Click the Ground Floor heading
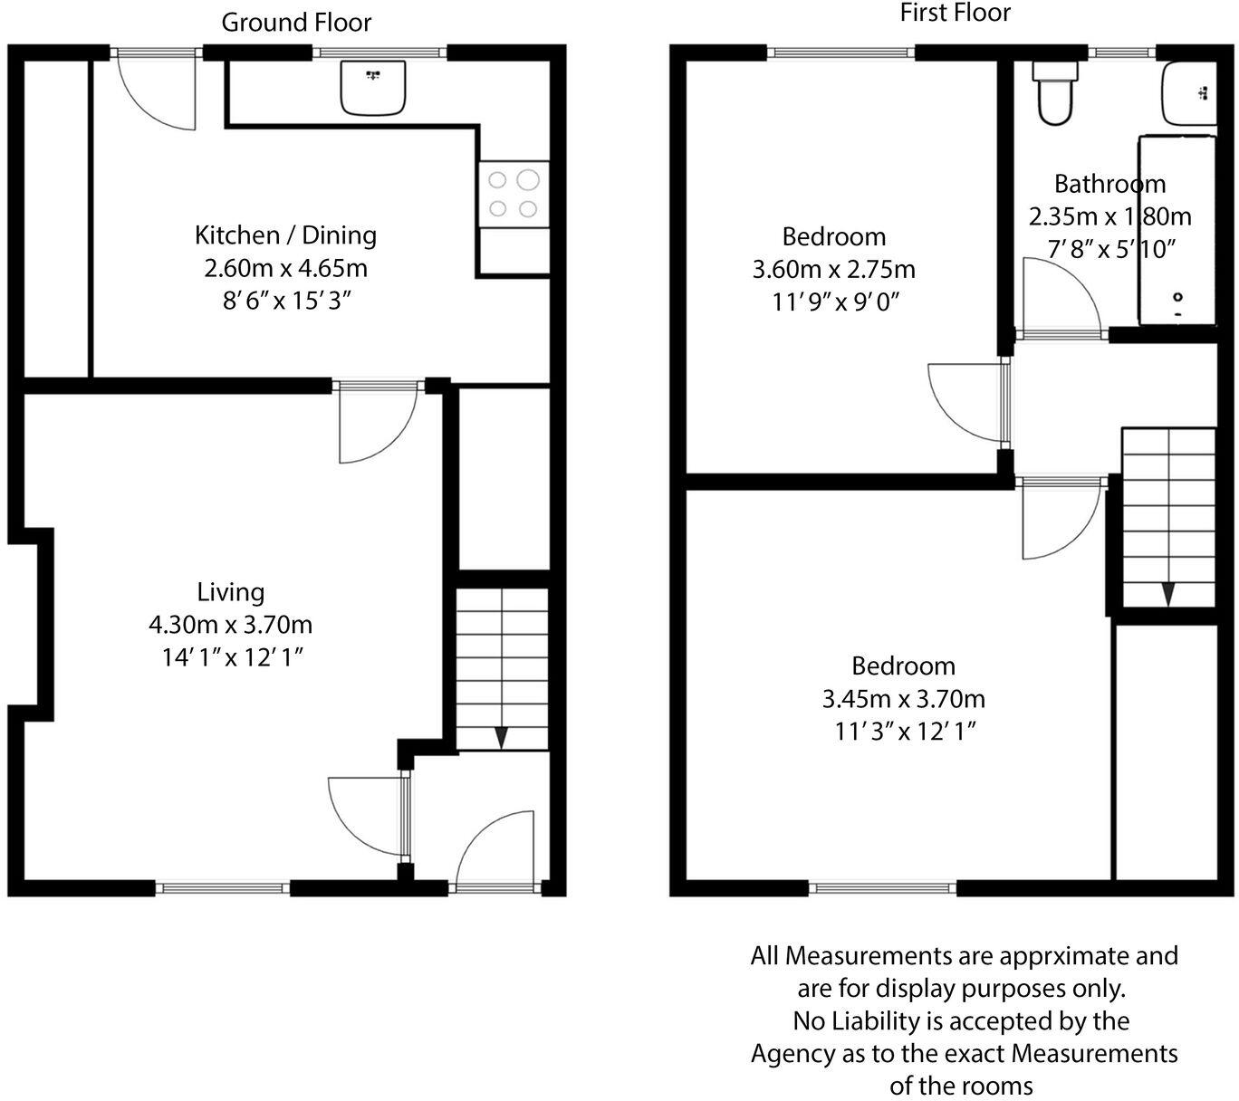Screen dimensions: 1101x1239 (296, 23)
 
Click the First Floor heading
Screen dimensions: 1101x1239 (955, 13)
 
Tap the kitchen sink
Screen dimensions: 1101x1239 (373, 88)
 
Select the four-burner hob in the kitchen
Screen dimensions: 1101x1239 (514, 194)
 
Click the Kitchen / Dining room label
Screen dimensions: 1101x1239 (285, 235)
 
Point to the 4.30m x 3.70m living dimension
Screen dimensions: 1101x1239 (230, 625)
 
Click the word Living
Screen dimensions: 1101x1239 (231, 592)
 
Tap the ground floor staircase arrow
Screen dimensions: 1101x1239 (501, 737)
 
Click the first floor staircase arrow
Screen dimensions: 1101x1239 (1168, 594)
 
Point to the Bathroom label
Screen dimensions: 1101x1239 (1109, 184)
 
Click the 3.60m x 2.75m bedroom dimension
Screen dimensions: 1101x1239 (833, 270)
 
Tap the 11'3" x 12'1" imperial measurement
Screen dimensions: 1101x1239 (904, 732)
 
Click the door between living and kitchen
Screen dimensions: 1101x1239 (376, 421)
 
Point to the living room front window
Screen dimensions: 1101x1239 (223, 888)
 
